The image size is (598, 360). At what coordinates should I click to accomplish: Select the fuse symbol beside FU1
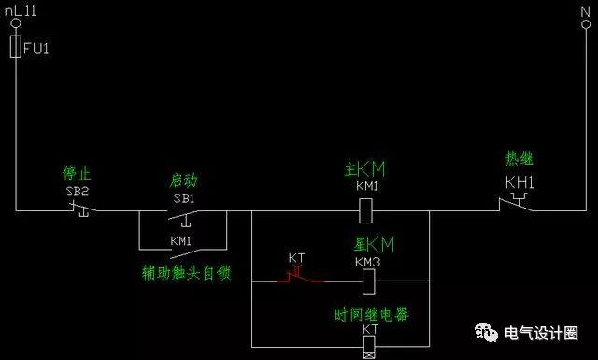coord(15,47)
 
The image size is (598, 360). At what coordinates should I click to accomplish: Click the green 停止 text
coord(76,175)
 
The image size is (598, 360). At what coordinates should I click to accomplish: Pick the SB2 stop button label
coord(76,191)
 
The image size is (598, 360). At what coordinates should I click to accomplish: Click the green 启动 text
coord(183,180)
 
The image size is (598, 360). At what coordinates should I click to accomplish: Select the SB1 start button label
coord(183,198)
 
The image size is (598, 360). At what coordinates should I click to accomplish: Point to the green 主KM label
coord(364,170)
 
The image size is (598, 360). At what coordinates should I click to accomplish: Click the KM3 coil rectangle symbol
coord(366,280)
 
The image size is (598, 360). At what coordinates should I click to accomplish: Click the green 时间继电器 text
coord(371,313)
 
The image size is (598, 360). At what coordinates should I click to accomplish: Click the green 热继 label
coord(520,159)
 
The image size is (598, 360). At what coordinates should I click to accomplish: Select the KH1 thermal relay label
coord(520,181)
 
